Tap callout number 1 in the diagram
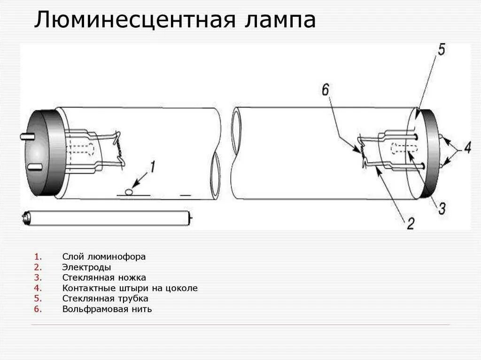pyautogui.click(x=152, y=165)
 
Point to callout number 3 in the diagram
pyautogui.click(x=442, y=208)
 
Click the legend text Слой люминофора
pyautogui.click(x=104, y=257)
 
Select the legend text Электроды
pyautogui.click(x=86, y=267)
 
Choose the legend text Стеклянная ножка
pyautogui.click(x=104, y=277)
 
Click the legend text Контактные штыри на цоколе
pyautogui.click(x=130, y=288)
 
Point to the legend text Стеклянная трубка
pyautogui.click(x=105, y=299)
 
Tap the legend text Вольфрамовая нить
pyautogui.click(x=107, y=309)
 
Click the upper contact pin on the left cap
pyautogui.click(x=26, y=137)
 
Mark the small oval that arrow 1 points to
pyautogui.click(x=129, y=191)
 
